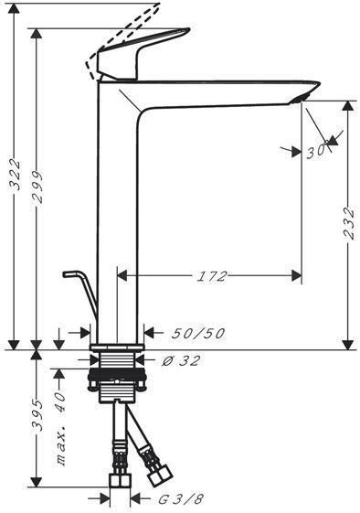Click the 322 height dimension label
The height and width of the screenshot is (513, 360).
pos(16,175)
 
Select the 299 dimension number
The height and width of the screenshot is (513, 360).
pos(38,187)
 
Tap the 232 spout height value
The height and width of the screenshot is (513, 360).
pos(349,223)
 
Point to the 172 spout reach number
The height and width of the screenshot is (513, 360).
pos(212,276)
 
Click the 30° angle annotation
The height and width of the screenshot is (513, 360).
pos(317,152)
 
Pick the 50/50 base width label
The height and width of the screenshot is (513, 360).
pos(198,334)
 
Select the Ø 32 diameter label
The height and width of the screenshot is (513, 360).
pos(181,361)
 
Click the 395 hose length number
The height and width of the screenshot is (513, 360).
pos(38,415)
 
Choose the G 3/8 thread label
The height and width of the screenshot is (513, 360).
pos(181,499)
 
